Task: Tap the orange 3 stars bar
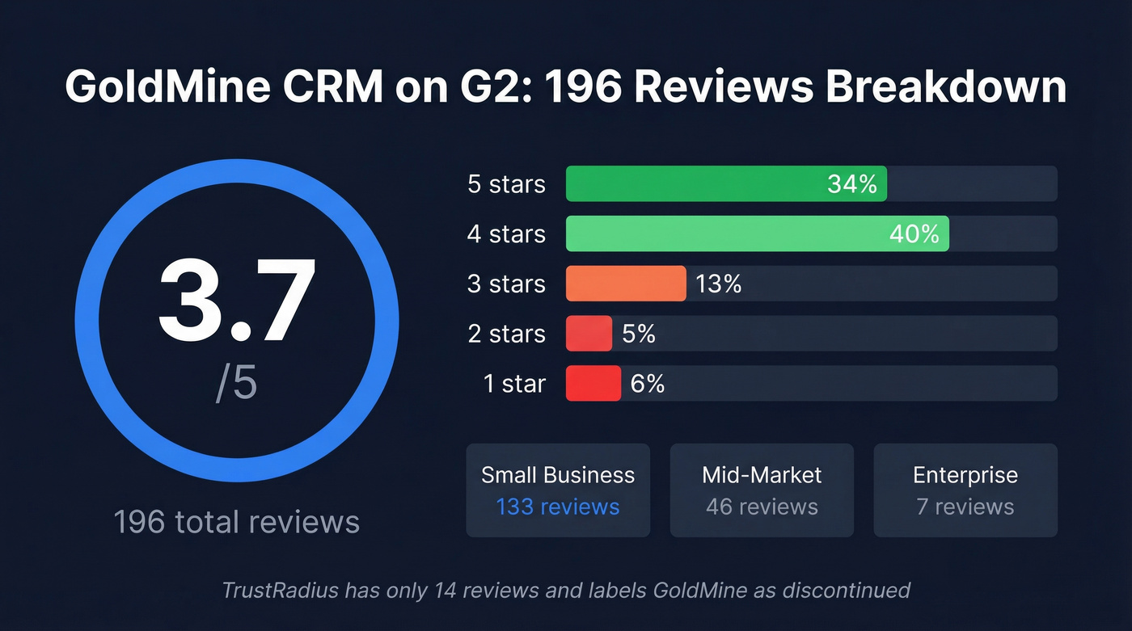coord(625,284)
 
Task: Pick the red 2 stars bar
coord(589,334)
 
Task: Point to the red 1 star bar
coord(593,384)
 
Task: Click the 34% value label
coord(851,184)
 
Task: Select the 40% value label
coord(914,234)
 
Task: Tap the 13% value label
coord(718,284)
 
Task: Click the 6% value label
coord(648,384)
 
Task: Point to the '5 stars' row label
coord(506,184)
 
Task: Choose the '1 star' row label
coord(514,384)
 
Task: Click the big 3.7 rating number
coord(236,301)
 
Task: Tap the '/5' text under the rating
coord(236,384)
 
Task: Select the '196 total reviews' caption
coord(236,521)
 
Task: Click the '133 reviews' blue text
coord(558,507)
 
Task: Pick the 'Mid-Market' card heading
coord(762,475)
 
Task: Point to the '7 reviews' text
coord(965,507)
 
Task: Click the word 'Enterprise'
coord(965,475)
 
